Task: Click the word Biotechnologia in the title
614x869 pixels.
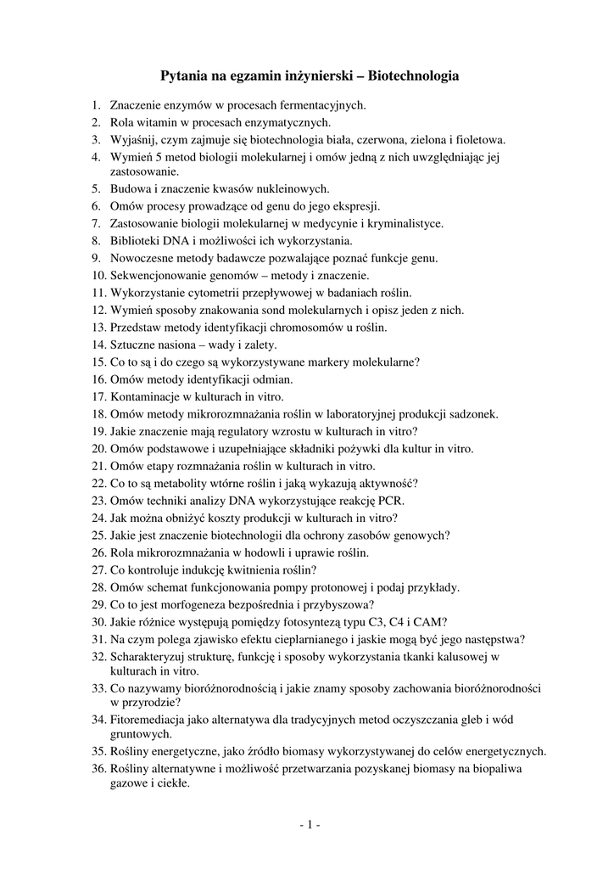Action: tap(415, 76)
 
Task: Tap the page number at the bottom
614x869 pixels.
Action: tap(307, 824)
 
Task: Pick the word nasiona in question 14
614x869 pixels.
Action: tap(177, 344)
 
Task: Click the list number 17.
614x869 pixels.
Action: tap(98, 396)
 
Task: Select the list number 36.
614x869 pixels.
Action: tap(98, 769)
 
